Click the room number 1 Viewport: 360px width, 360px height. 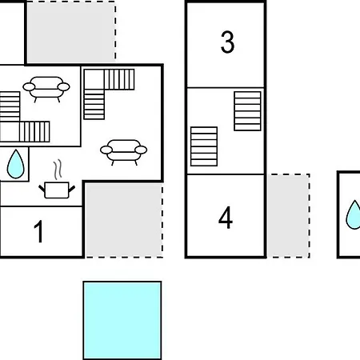click(x=39, y=231)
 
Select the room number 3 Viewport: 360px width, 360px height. click(x=227, y=42)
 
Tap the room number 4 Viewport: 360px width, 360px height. click(x=226, y=218)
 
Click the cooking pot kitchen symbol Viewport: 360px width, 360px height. click(x=57, y=190)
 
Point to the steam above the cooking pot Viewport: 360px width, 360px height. click(x=58, y=170)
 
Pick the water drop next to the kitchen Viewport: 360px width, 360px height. click(x=15, y=164)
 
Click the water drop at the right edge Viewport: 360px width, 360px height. click(x=354, y=214)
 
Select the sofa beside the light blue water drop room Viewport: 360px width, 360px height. click(x=123, y=152)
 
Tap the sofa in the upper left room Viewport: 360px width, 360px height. click(x=46, y=89)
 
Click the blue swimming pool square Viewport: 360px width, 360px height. click(x=122, y=320)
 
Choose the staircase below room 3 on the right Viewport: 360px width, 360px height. click(x=247, y=111)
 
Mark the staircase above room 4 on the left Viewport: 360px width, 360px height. click(x=204, y=146)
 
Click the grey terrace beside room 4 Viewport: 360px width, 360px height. click(x=289, y=216)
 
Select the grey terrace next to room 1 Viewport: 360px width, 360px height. click(x=124, y=220)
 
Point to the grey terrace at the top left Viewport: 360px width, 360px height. click(x=71, y=31)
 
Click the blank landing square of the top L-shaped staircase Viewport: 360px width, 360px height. click(x=94, y=79)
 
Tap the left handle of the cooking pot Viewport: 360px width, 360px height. click(x=42, y=189)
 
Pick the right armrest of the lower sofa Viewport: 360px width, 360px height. click(x=141, y=150)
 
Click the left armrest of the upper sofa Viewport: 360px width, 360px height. click(x=29, y=87)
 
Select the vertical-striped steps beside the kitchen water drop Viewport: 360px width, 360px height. click(x=34, y=131)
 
